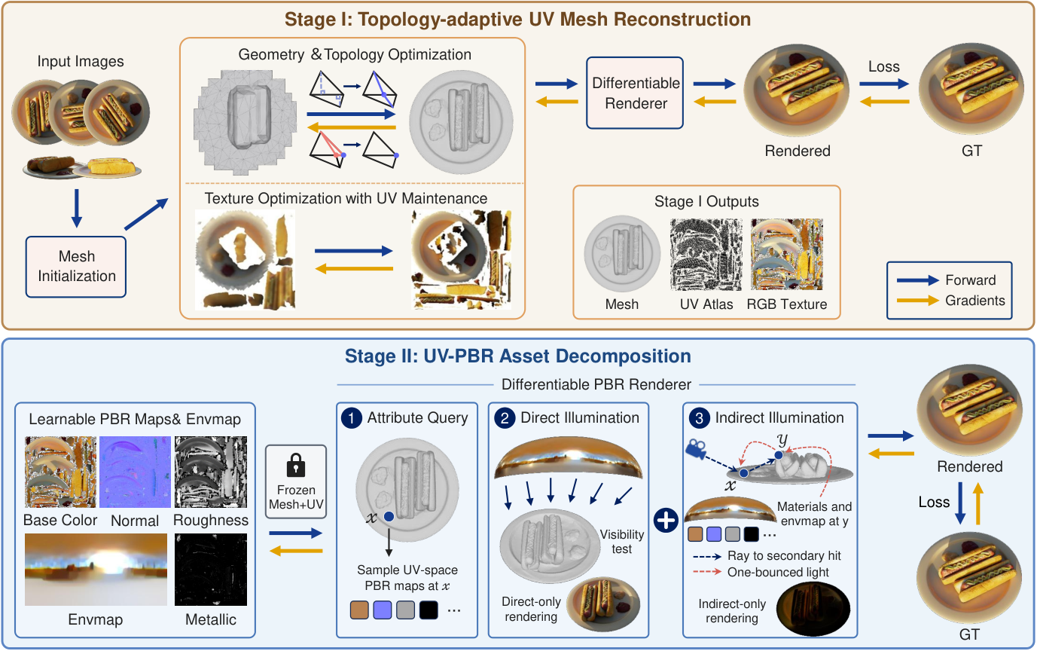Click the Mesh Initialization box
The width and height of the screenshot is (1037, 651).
pyautogui.click(x=76, y=267)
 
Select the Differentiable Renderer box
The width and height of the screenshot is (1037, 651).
pyautogui.click(x=635, y=93)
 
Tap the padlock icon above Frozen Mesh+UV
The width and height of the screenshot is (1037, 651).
pyautogui.click(x=296, y=465)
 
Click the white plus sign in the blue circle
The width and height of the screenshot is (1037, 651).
pyautogui.click(x=666, y=520)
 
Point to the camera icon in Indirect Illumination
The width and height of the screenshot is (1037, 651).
pyautogui.click(x=695, y=448)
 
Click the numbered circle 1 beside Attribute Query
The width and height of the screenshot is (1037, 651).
pyautogui.click(x=352, y=418)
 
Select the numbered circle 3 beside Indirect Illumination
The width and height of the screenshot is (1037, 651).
pyautogui.click(x=699, y=418)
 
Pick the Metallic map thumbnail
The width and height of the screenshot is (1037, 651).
pyautogui.click(x=211, y=570)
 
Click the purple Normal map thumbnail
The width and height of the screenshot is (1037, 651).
pyautogui.click(x=136, y=472)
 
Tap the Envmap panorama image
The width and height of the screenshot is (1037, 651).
pyautogui.click(x=96, y=570)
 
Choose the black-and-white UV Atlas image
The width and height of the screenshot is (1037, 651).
pyautogui.click(x=706, y=255)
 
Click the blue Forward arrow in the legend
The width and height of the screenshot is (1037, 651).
pyautogui.click(x=917, y=280)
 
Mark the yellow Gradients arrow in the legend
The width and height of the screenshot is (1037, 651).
pyautogui.click(x=917, y=301)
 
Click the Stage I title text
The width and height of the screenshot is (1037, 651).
pyautogui.click(x=517, y=20)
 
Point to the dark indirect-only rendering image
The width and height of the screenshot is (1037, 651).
pyautogui.click(x=813, y=609)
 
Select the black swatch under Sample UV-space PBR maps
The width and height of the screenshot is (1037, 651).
pyautogui.click(x=429, y=610)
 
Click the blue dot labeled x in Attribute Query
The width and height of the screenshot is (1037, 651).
pyautogui.click(x=389, y=516)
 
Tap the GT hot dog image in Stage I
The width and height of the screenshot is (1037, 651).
pyautogui.click(x=971, y=88)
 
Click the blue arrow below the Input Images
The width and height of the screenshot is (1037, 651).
pyautogui.click(x=77, y=208)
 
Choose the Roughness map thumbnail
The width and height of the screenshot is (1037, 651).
pyautogui.click(x=211, y=472)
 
